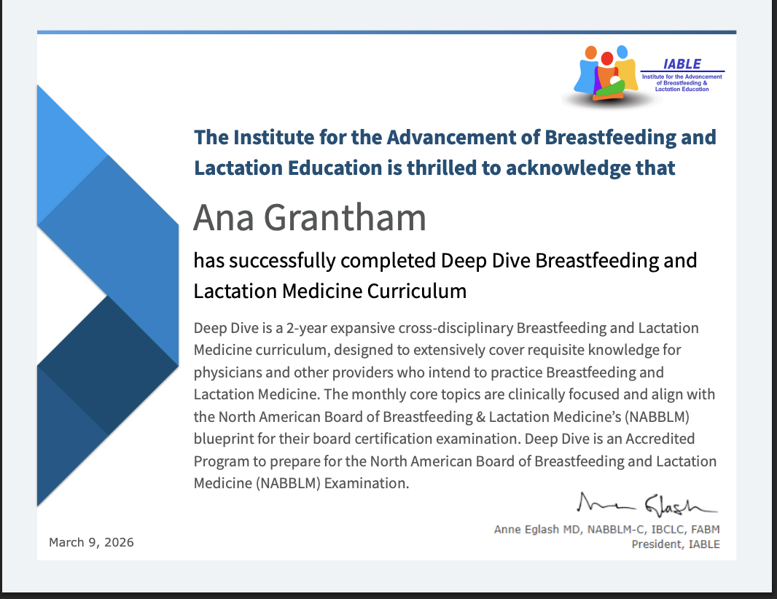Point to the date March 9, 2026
pyautogui.click(x=91, y=542)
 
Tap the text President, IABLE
pyautogui.click(x=676, y=544)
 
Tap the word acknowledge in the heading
pyautogui.click(x=562, y=168)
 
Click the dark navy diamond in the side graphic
pyautogui.click(x=108, y=364)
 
